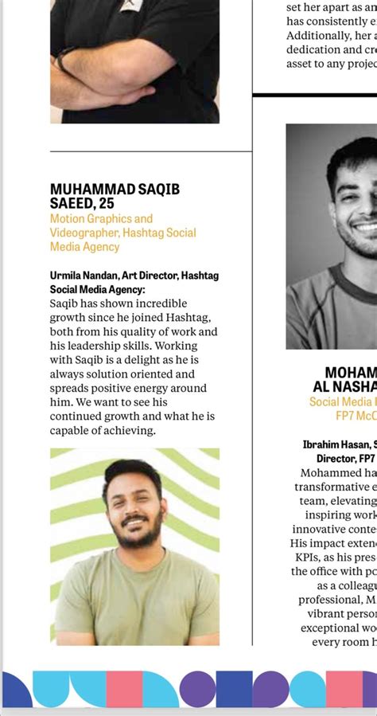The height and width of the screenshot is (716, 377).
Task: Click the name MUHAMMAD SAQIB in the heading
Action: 115,189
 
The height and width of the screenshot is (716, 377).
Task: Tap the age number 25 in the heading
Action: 107,203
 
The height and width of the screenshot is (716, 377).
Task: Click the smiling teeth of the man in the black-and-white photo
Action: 365,229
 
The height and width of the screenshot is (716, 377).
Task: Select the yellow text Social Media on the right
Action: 342,402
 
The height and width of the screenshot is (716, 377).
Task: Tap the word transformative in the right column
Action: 335,487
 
